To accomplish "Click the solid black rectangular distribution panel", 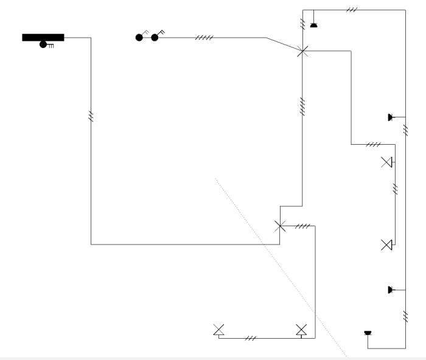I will coord(43,37).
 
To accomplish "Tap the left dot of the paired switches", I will coord(139,38).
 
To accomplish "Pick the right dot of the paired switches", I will coord(155,38).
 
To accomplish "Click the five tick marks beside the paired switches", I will coord(204,38).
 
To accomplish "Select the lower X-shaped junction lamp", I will coord(280,226).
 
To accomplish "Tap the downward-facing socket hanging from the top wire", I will coord(313,25).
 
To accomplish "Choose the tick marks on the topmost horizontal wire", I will coord(352,10).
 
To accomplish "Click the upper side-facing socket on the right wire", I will coord(390,117).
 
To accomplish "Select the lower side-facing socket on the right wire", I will coord(390,289).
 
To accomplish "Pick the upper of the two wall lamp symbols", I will coord(386,162).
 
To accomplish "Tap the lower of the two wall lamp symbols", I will coord(386,245).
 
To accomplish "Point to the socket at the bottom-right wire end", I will coord(367,333).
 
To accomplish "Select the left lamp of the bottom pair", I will coord(218,330).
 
